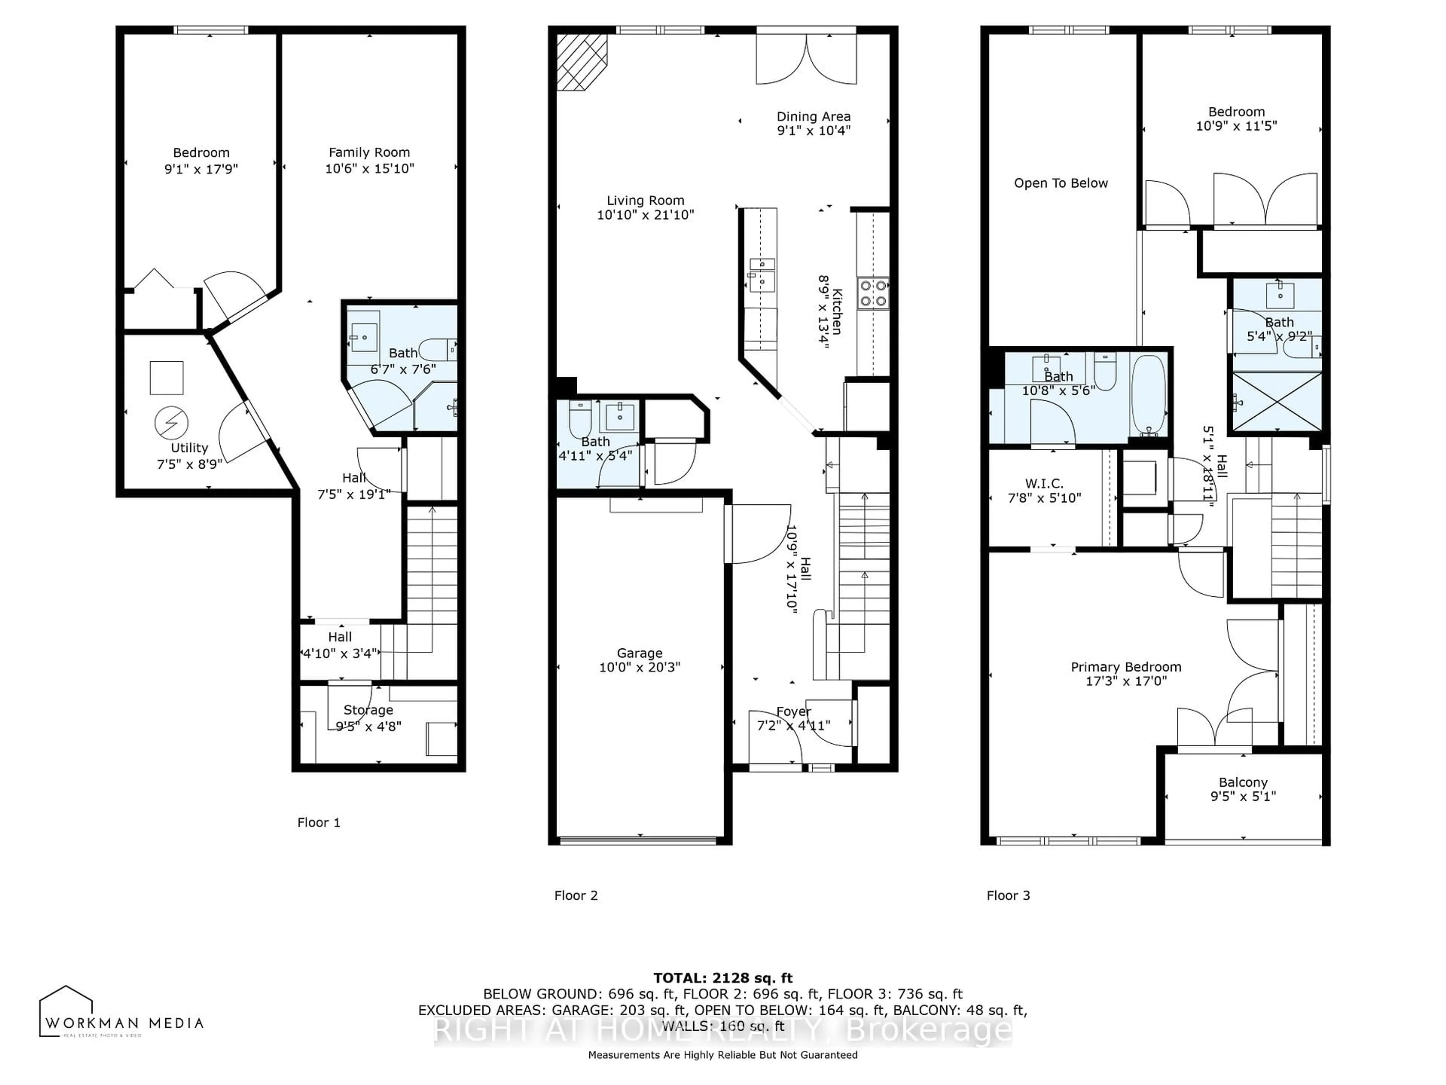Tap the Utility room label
click(189, 448)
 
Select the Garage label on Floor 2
click(639, 653)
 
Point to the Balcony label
click(1243, 782)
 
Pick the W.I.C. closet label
click(1044, 483)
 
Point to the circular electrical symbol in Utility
click(171, 423)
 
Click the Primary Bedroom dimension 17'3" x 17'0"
click(1125, 681)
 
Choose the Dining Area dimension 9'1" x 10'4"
click(813, 130)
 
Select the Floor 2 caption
click(575, 896)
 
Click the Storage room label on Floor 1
click(368, 710)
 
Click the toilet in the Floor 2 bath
click(580, 419)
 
